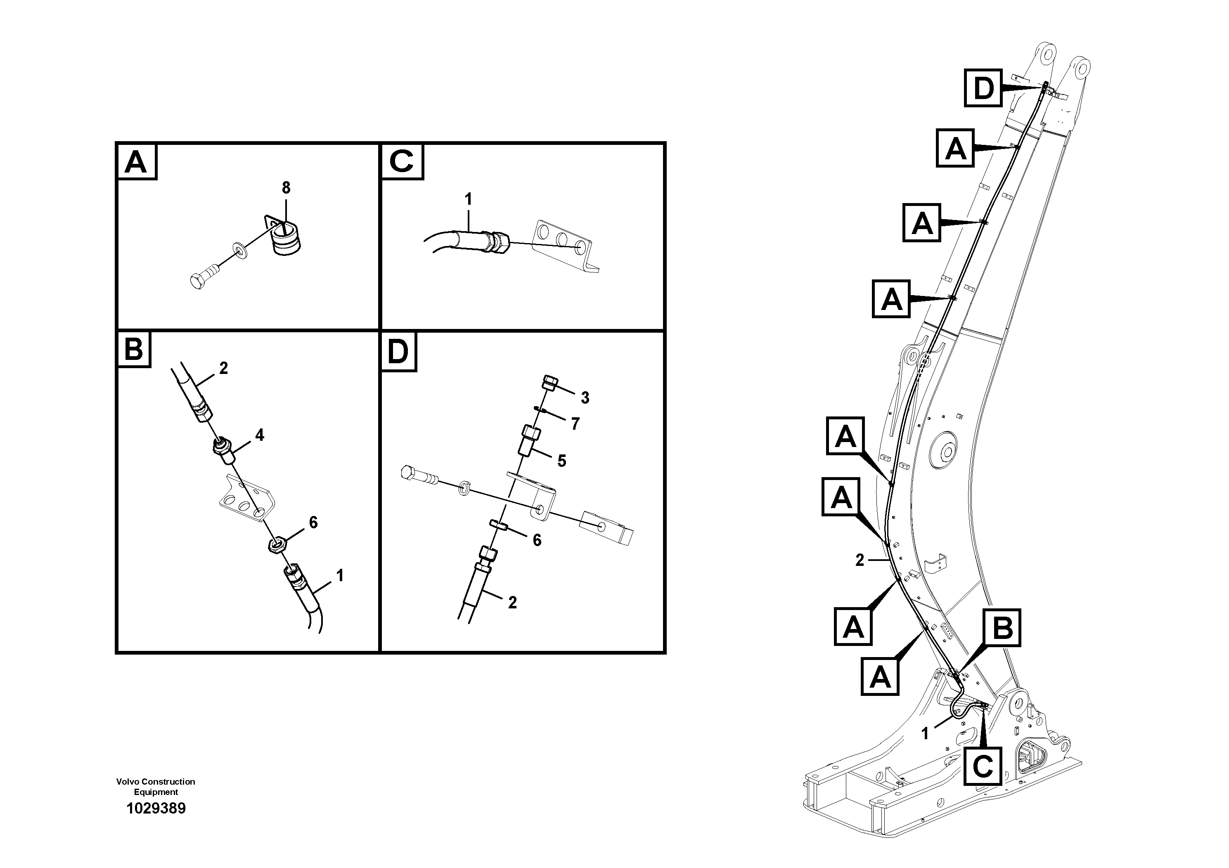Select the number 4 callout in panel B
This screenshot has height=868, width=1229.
tap(260, 435)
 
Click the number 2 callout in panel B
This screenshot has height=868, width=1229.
tap(223, 368)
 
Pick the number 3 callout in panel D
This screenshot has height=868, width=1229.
tap(585, 397)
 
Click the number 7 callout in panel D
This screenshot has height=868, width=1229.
tap(575, 424)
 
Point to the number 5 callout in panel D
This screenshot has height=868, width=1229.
tap(561, 461)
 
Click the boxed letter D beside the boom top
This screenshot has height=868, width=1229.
tap(983, 88)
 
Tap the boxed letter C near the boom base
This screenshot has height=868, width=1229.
tap(983, 767)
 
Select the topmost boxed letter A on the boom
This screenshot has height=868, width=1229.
tap(955, 148)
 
